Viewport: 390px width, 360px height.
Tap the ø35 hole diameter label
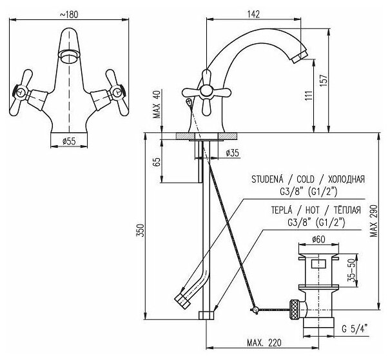click(x=233, y=152)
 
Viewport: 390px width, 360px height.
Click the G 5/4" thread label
click(x=355, y=327)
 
